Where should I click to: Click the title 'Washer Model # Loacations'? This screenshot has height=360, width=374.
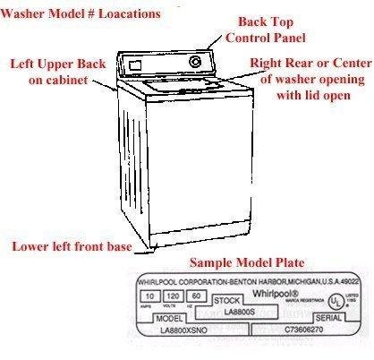click(x=82, y=14)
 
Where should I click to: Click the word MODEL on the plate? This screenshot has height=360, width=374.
click(x=169, y=319)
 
